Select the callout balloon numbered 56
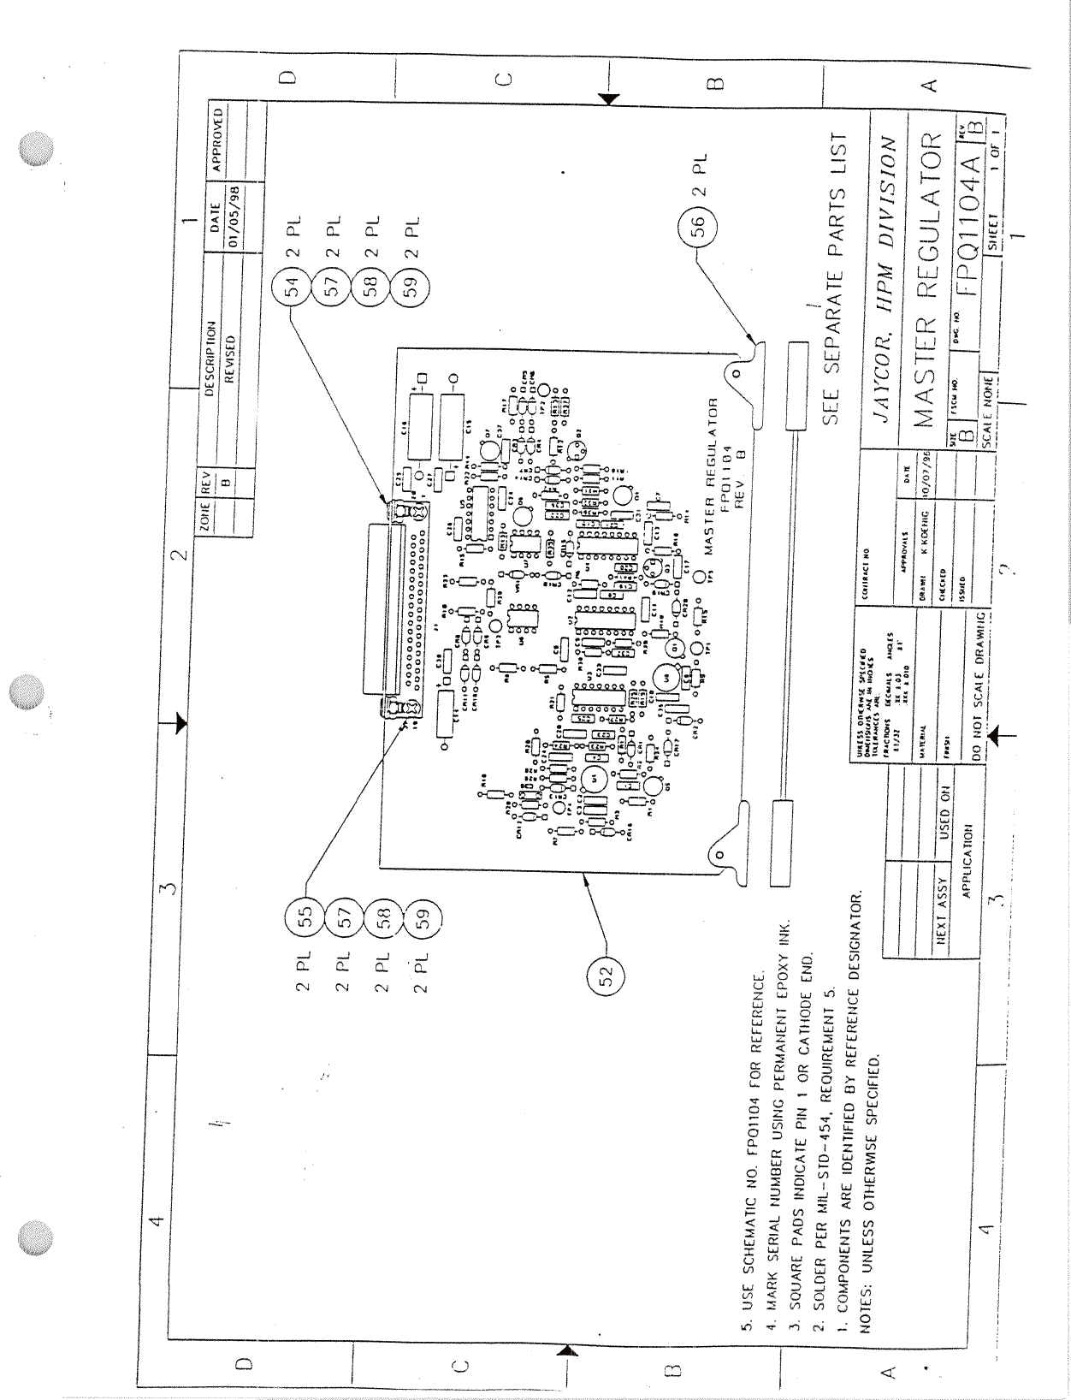[697, 226]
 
